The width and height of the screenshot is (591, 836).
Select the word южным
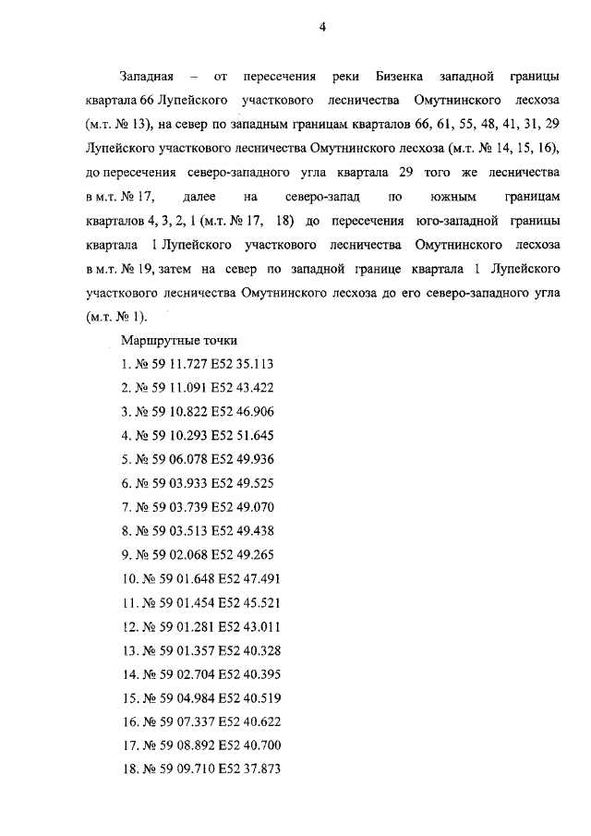pyautogui.click(x=449, y=196)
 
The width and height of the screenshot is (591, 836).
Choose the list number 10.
pyautogui.click(x=128, y=579)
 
